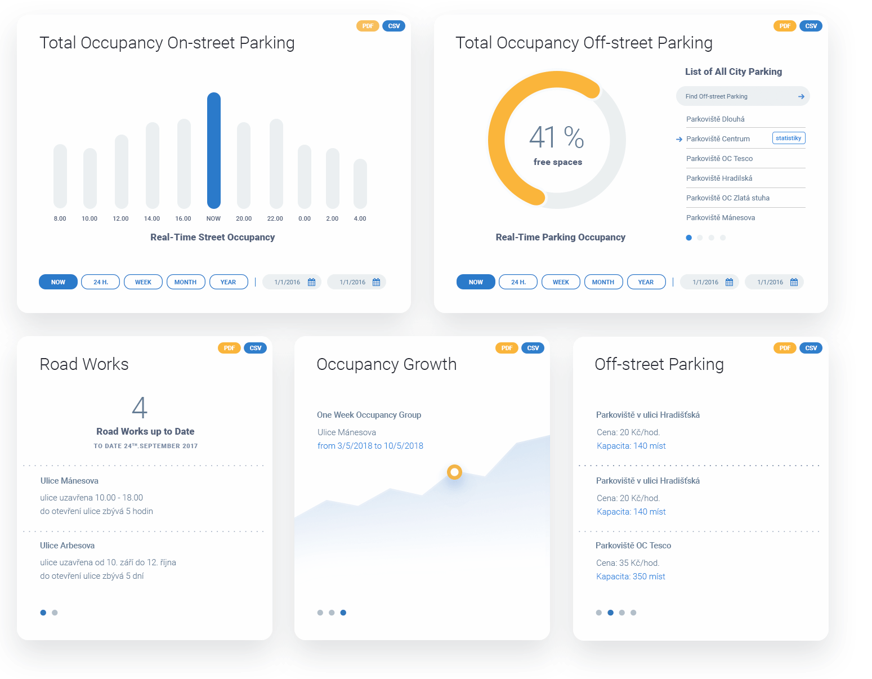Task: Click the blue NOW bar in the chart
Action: click(x=213, y=150)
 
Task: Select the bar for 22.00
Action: click(x=276, y=163)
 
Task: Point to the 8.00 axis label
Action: click(x=60, y=218)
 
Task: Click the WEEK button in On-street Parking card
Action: click(x=143, y=282)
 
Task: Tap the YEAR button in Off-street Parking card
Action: click(x=646, y=282)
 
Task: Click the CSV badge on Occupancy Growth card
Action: click(x=533, y=348)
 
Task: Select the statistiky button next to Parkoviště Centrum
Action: click(x=788, y=139)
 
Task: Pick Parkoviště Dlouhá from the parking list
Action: click(x=715, y=119)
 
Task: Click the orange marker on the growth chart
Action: click(x=454, y=472)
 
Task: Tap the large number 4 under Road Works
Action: click(x=140, y=408)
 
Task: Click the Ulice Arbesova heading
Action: click(x=67, y=546)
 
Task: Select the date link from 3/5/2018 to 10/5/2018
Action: click(x=370, y=446)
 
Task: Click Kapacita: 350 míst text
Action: click(x=630, y=577)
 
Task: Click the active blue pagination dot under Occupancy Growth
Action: click(x=343, y=613)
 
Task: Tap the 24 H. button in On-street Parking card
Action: click(x=100, y=282)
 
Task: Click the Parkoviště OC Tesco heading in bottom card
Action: click(x=633, y=546)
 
